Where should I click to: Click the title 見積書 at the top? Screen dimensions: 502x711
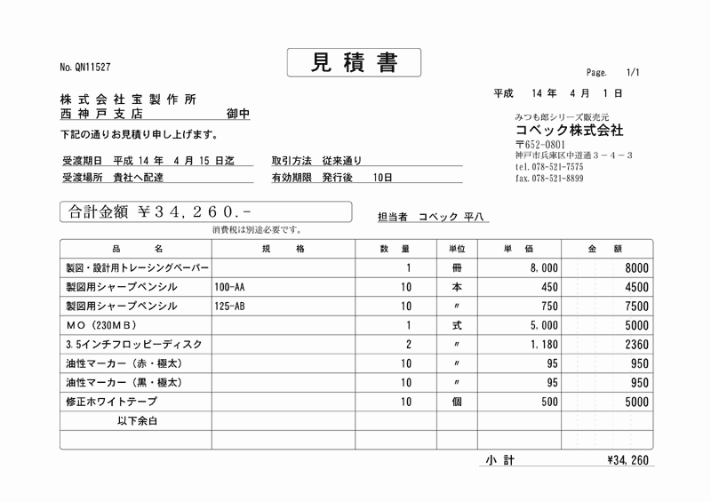coord(354,62)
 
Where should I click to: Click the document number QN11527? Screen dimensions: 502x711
coord(85,68)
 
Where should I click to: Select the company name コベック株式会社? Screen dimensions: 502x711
coord(569,130)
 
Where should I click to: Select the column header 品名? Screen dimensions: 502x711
coord(137,249)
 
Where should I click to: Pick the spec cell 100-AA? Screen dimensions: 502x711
coord(230,287)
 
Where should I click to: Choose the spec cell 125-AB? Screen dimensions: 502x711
coord(230,307)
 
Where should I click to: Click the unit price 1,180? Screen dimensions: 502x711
coord(543,345)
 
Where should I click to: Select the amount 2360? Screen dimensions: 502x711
coord(636,345)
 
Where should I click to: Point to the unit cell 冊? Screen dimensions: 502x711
coord(457,267)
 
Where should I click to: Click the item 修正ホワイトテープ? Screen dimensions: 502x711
coord(110,402)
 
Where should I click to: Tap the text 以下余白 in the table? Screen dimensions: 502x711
coord(137,421)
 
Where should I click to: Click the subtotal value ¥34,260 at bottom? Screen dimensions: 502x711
coord(627,460)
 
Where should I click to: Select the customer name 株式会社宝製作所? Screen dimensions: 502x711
coord(128,100)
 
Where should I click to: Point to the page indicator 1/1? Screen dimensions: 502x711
coord(633,72)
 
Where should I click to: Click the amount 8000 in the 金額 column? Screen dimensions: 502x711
coord(636,267)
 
